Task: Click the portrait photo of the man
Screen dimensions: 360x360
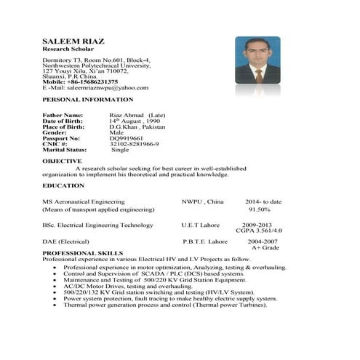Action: coord(257,62)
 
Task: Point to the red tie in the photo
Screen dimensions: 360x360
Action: coord(258,75)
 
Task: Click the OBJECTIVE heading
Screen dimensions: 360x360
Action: coord(62,160)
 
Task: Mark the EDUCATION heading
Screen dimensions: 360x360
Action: coord(63,185)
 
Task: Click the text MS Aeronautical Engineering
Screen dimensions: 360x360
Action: coord(84,201)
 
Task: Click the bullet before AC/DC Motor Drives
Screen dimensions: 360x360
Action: coord(56,287)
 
